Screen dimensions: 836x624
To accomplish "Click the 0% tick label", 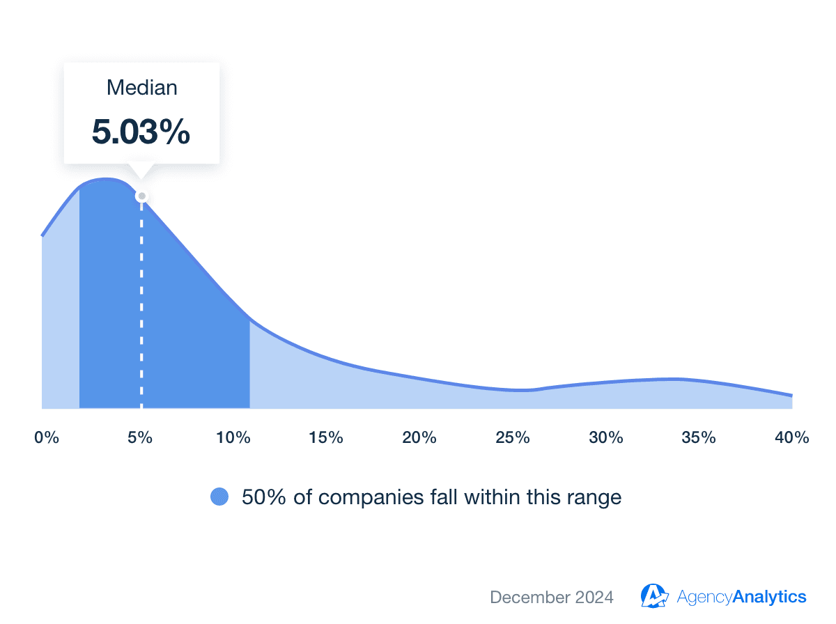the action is pyautogui.click(x=47, y=437).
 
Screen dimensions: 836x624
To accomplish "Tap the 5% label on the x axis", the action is pyautogui.click(x=140, y=437).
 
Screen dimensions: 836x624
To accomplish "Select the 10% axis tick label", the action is pyautogui.click(x=233, y=437).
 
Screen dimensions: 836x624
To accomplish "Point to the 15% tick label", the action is pyautogui.click(x=325, y=437).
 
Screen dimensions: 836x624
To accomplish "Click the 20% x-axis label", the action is pyautogui.click(x=419, y=437).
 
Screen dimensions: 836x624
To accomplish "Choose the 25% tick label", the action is pyautogui.click(x=512, y=437).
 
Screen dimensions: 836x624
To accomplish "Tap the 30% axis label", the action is pyautogui.click(x=605, y=437).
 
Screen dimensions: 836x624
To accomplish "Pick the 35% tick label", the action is pyautogui.click(x=698, y=437).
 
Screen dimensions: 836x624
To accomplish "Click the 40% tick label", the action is pyautogui.click(x=791, y=437).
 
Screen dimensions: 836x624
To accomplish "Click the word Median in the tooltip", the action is pyautogui.click(x=141, y=88).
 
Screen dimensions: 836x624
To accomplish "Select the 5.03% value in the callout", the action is pyautogui.click(x=141, y=132).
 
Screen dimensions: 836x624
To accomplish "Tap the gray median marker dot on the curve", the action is pyautogui.click(x=141, y=196).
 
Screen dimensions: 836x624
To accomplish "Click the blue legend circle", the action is pyautogui.click(x=219, y=497).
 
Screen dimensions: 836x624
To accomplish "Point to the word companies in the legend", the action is pyautogui.click(x=370, y=497).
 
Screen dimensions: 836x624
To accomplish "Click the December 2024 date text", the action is pyautogui.click(x=551, y=597).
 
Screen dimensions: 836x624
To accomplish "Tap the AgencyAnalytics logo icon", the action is pyautogui.click(x=654, y=596).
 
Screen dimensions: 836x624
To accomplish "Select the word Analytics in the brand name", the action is pyautogui.click(x=769, y=597).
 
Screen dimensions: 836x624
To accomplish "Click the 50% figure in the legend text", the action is pyautogui.click(x=263, y=497).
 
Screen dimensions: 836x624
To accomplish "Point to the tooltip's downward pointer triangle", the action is pyautogui.click(x=141, y=171).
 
